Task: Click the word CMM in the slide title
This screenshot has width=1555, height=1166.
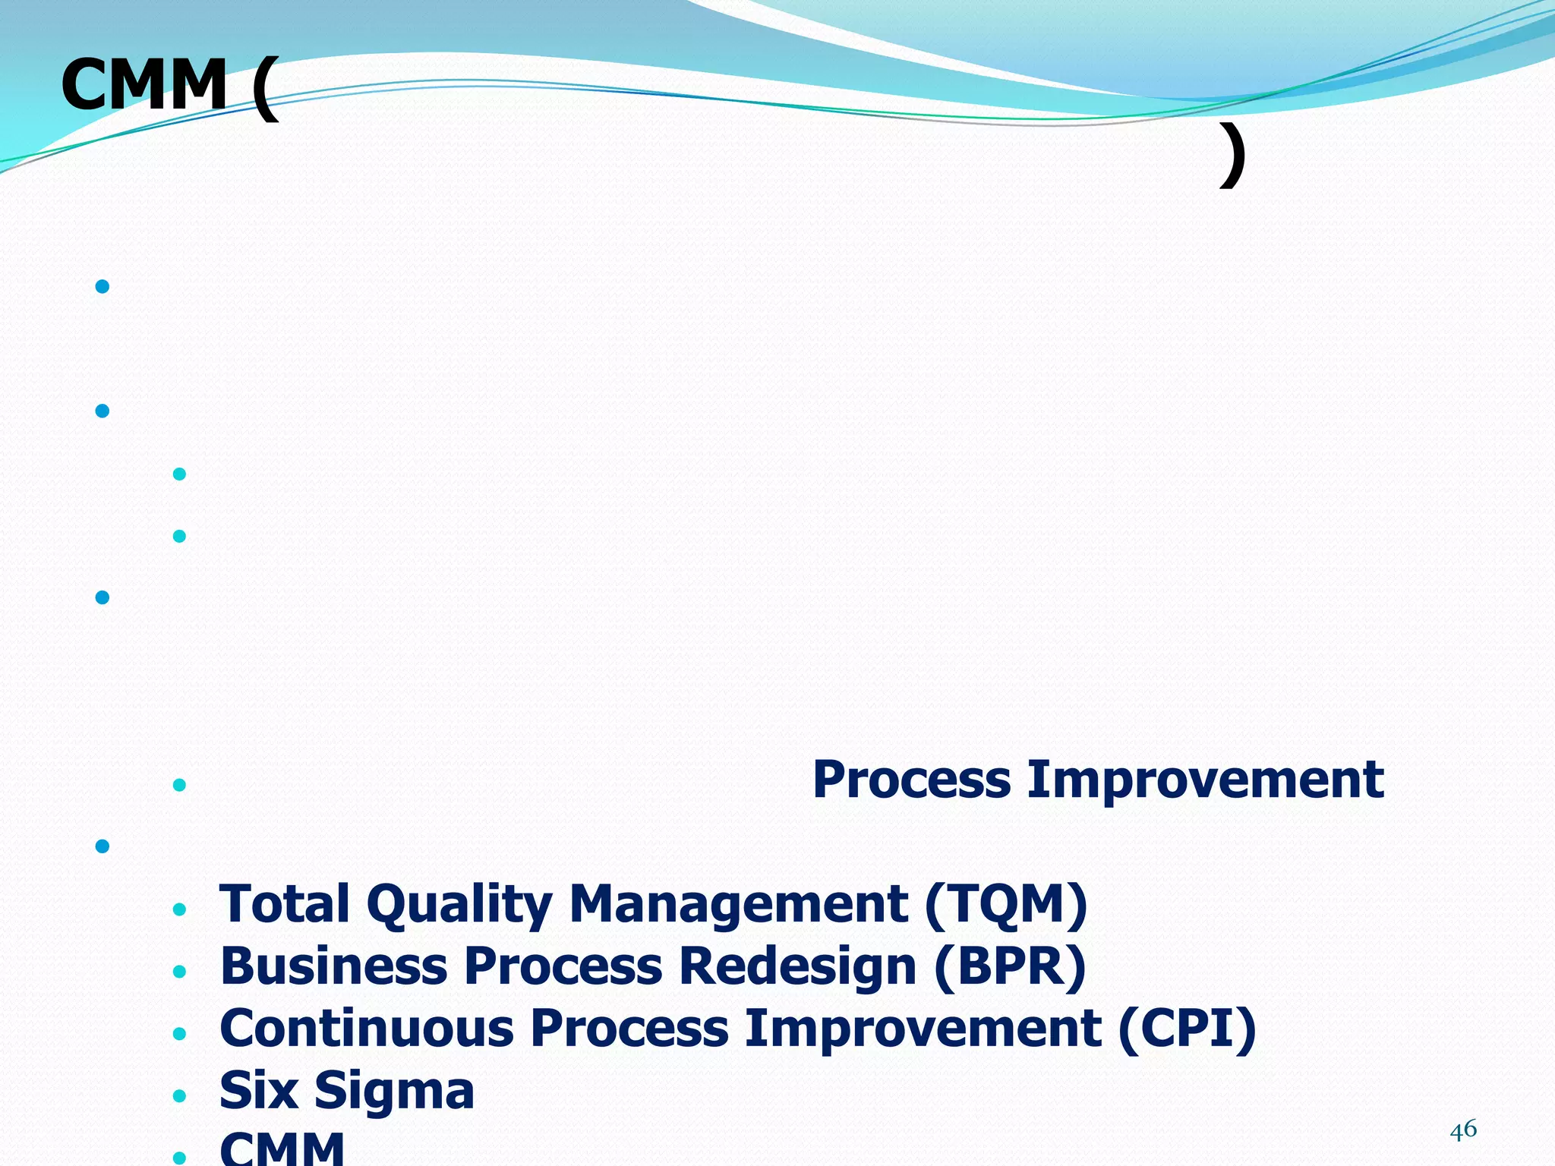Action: (144, 85)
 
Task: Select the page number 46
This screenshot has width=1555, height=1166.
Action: (1463, 1130)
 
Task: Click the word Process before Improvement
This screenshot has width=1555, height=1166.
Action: (911, 780)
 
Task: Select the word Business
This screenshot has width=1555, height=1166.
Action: (334, 966)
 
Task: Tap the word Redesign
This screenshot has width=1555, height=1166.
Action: (797, 966)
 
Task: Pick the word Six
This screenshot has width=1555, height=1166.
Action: (258, 1091)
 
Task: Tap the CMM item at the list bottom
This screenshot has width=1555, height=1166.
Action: (282, 1148)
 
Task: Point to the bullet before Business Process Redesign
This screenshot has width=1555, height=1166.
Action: (180, 972)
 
